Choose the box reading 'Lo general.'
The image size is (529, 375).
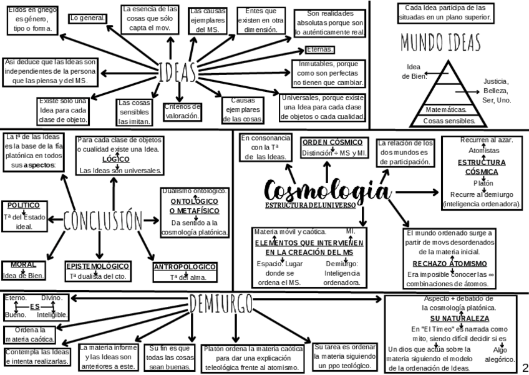[87, 18]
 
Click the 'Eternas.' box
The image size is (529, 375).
[320, 50]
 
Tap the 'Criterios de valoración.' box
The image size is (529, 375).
[182, 111]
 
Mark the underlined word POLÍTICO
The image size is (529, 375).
[24, 205]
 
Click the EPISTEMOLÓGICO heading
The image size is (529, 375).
[98, 266]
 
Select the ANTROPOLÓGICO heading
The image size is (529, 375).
[185, 267]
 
